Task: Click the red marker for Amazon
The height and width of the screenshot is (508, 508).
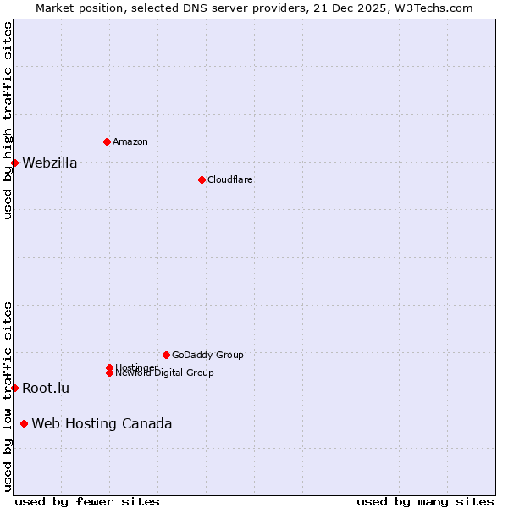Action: click(x=107, y=141)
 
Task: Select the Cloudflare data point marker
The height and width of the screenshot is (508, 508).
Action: click(x=202, y=179)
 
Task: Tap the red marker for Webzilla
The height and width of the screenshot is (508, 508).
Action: click(x=14, y=163)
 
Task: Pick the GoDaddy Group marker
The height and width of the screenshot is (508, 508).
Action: click(x=166, y=355)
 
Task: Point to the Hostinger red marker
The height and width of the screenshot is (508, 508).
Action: click(x=109, y=367)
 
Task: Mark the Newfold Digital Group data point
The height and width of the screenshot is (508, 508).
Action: click(x=109, y=373)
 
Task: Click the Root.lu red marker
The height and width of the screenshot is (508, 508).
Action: click(x=14, y=388)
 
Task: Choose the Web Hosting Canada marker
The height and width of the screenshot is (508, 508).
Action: click(x=24, y=423)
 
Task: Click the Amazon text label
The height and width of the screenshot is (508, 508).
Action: click(x=130, y=141)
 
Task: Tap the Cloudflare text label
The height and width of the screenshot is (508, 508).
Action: click(x=229, y=179)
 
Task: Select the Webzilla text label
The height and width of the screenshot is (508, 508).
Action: click(x=49, y=163)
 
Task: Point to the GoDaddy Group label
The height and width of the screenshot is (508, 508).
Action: click(x=207, y=355)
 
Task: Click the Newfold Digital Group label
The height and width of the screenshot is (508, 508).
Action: click(x=164, y=373)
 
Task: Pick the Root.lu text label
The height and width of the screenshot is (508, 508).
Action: click(x=46, y=388)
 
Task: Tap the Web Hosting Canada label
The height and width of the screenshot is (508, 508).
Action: click(x=102, y=423)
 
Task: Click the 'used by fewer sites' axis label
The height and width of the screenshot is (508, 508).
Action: click(x=87, y=501)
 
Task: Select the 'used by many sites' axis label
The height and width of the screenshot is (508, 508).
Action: click(x=425, y=501)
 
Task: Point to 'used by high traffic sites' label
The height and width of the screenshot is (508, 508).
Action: click(x=8, y=120)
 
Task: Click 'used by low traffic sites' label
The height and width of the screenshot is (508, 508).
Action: click(x=8, y=396)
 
